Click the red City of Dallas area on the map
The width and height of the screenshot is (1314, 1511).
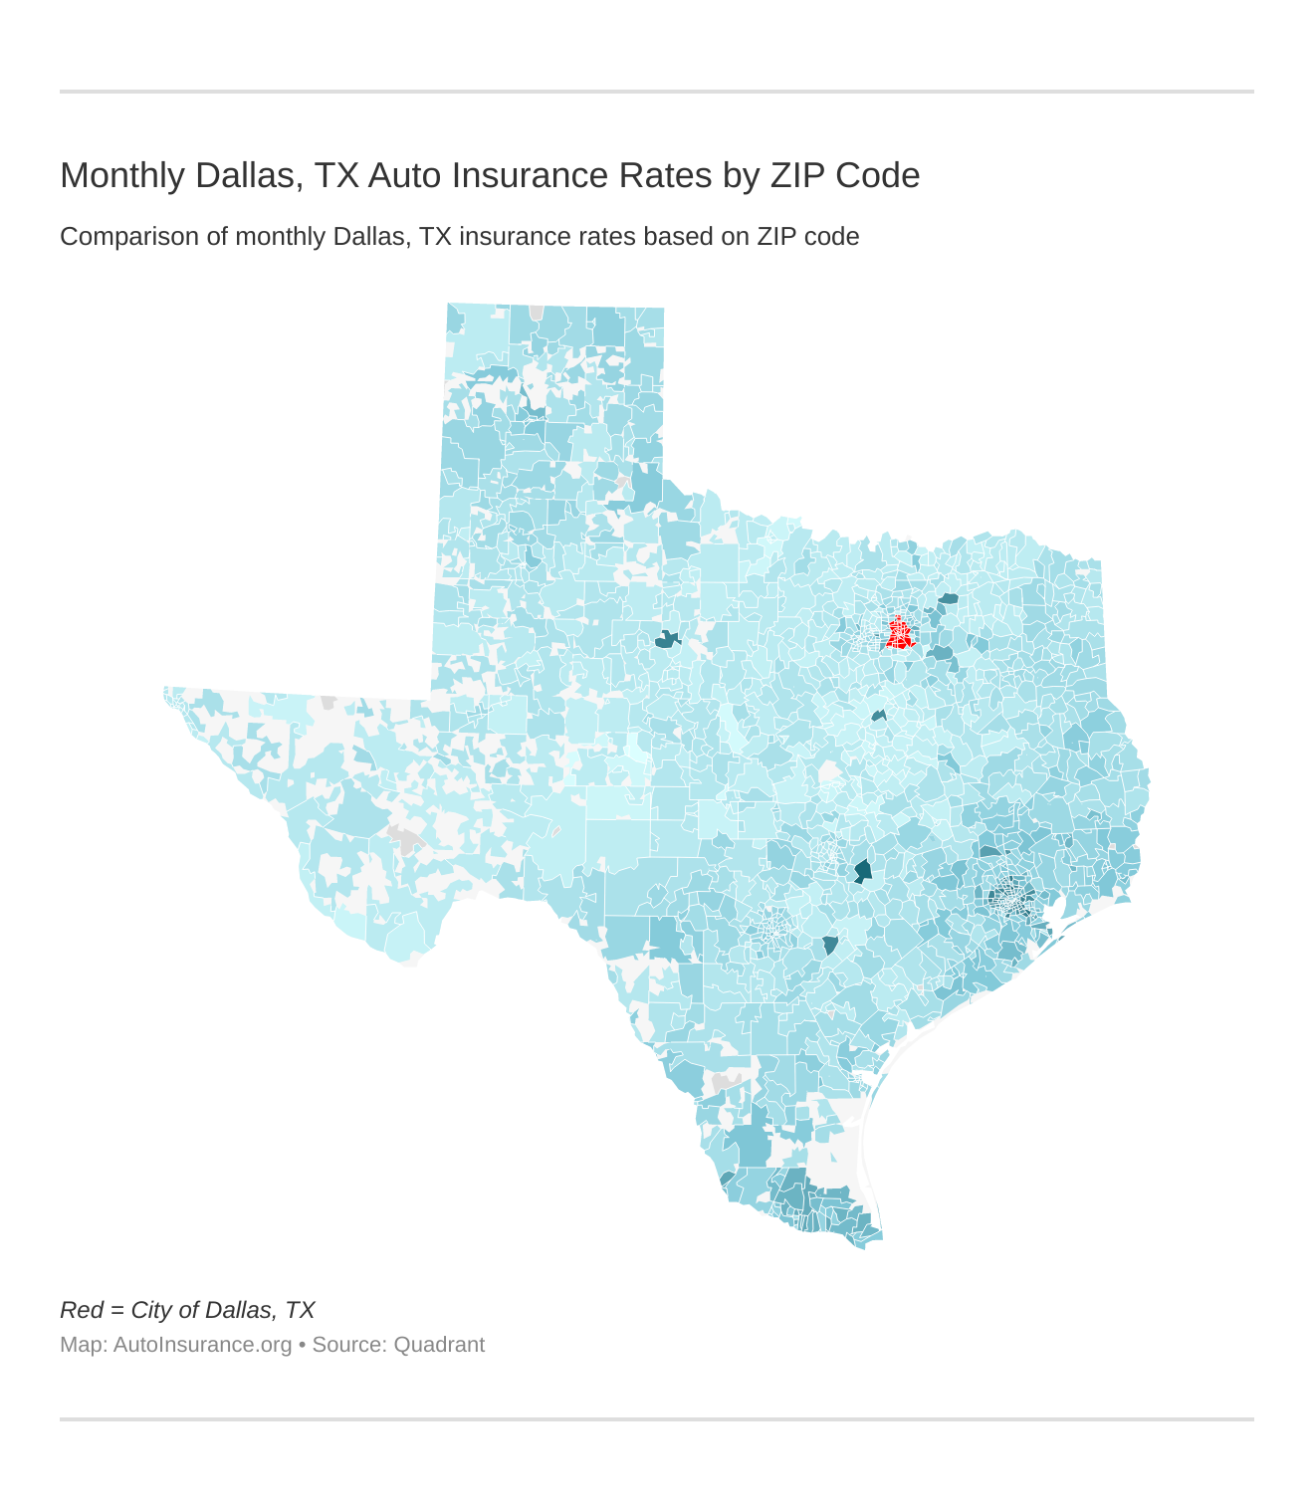tap(899, 633)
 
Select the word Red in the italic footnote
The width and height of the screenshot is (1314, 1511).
tap(82, 1310)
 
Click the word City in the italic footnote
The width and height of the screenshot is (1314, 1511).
tap(151, 1310)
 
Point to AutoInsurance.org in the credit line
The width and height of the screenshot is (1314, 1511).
tap(202, 1345)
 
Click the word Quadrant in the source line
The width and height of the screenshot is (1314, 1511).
tap(439, 1345)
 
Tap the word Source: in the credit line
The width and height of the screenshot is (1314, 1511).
tap(349, 1345)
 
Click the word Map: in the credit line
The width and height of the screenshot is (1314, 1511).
tap(84, 1345)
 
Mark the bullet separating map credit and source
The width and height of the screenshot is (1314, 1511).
tap(302, 1345)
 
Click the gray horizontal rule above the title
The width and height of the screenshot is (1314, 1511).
tap(657, 92)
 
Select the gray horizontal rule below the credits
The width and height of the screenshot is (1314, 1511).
tap(657, 1418)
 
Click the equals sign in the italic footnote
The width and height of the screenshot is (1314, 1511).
tap(116, 1310)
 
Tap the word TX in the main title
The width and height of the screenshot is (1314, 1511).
tap(335, 175)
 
